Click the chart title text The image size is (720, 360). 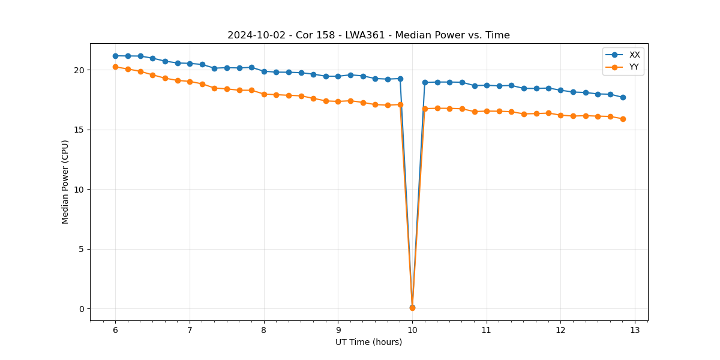pyautogui.click(x=368, y=35)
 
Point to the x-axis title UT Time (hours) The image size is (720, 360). pyautogui.click(x=368, y=342)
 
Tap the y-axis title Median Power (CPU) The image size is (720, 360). pyautogui.click(x=65, y=182)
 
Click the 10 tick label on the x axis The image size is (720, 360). pyautogui.click(x=412, y=330)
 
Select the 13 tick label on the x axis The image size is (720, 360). pyautogui.click(x=635, y=330)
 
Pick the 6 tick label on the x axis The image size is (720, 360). pyautogui.click(x=115, y=330)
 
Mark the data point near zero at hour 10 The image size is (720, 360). pyautogui.click(x=412, y=307)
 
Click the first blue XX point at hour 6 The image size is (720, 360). pyautogui.click(x=115, y=56)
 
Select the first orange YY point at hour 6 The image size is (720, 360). pyautogui.click(x=115, y=67)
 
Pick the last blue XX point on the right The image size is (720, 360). pyautogui.click(x=623, y=97)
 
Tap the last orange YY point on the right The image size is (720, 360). pyautogui.click(x=623, y=119)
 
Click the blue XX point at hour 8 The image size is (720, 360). pyautogui.click(x=264, y=71)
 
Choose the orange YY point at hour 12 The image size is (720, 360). pyautogui.click(x=560, y=115)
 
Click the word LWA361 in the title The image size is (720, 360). pyautogui.click(x=362, y=35)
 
